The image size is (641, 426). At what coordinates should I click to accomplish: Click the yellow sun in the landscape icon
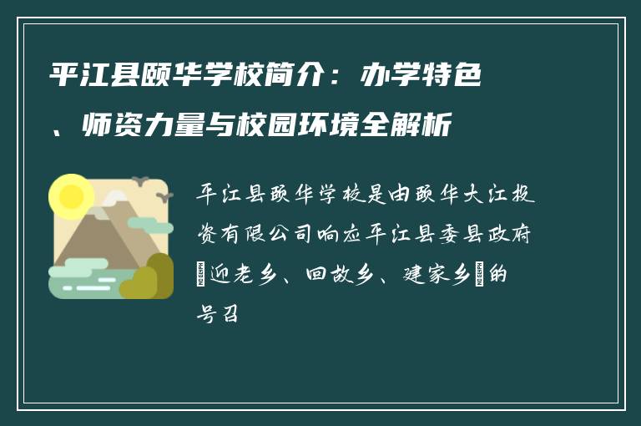[x=71, y=195]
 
